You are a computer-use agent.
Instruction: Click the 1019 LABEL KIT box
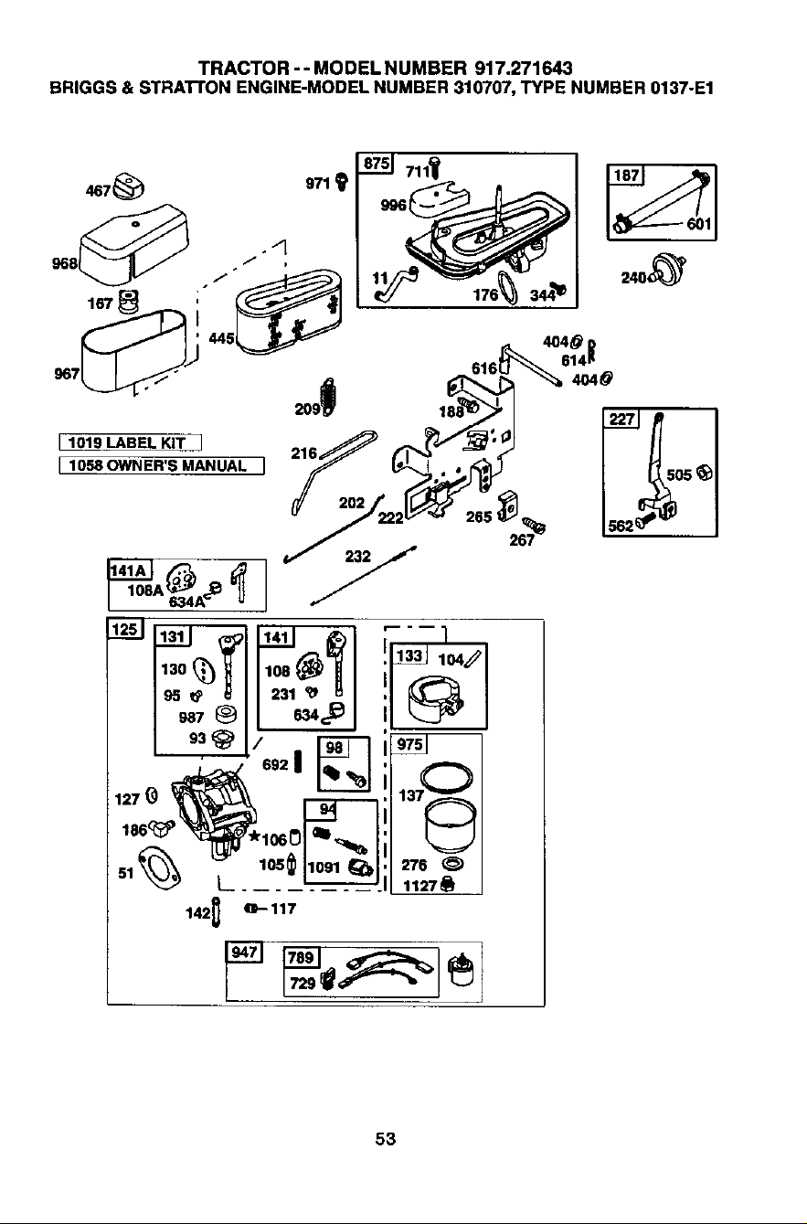pos(130,442)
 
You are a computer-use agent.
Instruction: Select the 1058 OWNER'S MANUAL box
pos(161,466)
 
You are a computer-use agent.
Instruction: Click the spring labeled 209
pos(329,396)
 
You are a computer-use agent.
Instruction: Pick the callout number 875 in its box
pos(376,164)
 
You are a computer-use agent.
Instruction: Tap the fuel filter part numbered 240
pos(666,269)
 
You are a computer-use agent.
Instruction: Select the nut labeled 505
pos(706,474)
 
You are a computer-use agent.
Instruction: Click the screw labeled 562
pos(645,520)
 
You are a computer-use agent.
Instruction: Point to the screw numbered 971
pos(342,181)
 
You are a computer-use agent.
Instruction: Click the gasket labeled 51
pos(158,867)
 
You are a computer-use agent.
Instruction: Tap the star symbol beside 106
pos(255,836)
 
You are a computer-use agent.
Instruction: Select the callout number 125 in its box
pos(124,629)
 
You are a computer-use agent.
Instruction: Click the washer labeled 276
pos(451,864)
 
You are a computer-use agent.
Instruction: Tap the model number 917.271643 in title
pos(524,69)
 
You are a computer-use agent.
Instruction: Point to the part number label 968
pos(65,264)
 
